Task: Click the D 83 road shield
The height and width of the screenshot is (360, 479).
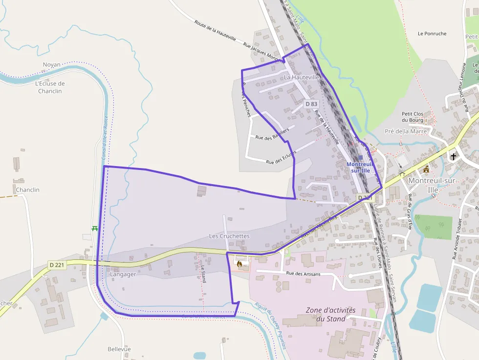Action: (311, 104)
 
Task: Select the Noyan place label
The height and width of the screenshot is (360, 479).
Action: (51, 64)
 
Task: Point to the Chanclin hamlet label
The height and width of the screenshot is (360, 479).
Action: (27, 190)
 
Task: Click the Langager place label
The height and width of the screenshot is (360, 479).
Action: (123, 274)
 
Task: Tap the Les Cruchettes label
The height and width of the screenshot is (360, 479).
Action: (229, 236)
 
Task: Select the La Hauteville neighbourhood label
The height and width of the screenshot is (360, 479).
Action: (302, 77)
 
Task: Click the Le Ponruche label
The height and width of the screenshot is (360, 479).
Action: (432, 34)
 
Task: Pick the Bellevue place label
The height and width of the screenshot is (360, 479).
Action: (119, 349)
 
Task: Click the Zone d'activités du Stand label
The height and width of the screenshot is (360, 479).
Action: (331, 315)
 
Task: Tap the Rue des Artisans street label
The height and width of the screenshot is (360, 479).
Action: (303, 274)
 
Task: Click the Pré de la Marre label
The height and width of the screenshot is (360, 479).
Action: (406, 131)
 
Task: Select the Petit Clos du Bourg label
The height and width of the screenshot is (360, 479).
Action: (413, 117)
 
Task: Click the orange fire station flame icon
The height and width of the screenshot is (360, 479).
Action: (239, 264)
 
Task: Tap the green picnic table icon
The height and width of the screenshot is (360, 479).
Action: (94, 228)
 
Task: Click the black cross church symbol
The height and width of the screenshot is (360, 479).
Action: (454, 156)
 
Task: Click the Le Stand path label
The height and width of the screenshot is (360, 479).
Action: (202, 274)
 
